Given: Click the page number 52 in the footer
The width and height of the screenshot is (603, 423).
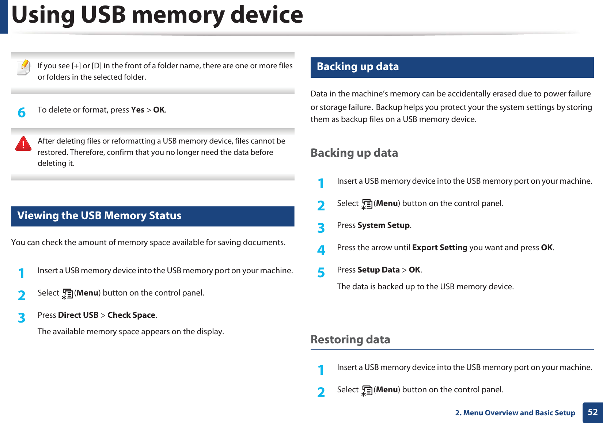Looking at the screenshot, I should coord(592,412).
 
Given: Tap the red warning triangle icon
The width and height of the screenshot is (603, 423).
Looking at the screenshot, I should coord(23,144).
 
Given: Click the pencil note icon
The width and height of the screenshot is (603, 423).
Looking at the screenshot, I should coord(24,67).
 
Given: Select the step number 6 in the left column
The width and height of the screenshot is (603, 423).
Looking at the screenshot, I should coord(22,113).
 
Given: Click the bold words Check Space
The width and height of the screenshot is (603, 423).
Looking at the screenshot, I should coord(131,315).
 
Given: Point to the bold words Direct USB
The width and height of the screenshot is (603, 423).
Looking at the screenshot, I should coord(78,315).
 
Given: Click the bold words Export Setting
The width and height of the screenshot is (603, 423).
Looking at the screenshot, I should coord(440,247).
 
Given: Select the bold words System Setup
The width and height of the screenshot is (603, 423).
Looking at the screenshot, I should coord(383,225).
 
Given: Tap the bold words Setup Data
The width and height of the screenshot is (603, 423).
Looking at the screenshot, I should coord(379,270).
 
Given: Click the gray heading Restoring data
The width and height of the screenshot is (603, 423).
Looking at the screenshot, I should coord(350,339).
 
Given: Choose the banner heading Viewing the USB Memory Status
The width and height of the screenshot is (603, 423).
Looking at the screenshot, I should coord(99,216).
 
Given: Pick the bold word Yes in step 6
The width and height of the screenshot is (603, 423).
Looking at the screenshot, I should coord(137,110).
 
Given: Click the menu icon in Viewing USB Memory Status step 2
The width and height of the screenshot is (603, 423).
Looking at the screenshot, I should coord(67,294).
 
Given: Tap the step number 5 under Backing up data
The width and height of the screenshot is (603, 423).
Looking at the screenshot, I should coord(321,273).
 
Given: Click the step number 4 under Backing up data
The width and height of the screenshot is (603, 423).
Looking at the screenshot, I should coord(321,250).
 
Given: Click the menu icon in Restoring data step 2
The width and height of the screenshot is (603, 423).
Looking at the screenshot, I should coord(367,390).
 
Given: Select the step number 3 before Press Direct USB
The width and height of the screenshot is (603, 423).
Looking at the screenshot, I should coord(22,318).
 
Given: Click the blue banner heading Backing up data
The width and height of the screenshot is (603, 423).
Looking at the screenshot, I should coord(357,66).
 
